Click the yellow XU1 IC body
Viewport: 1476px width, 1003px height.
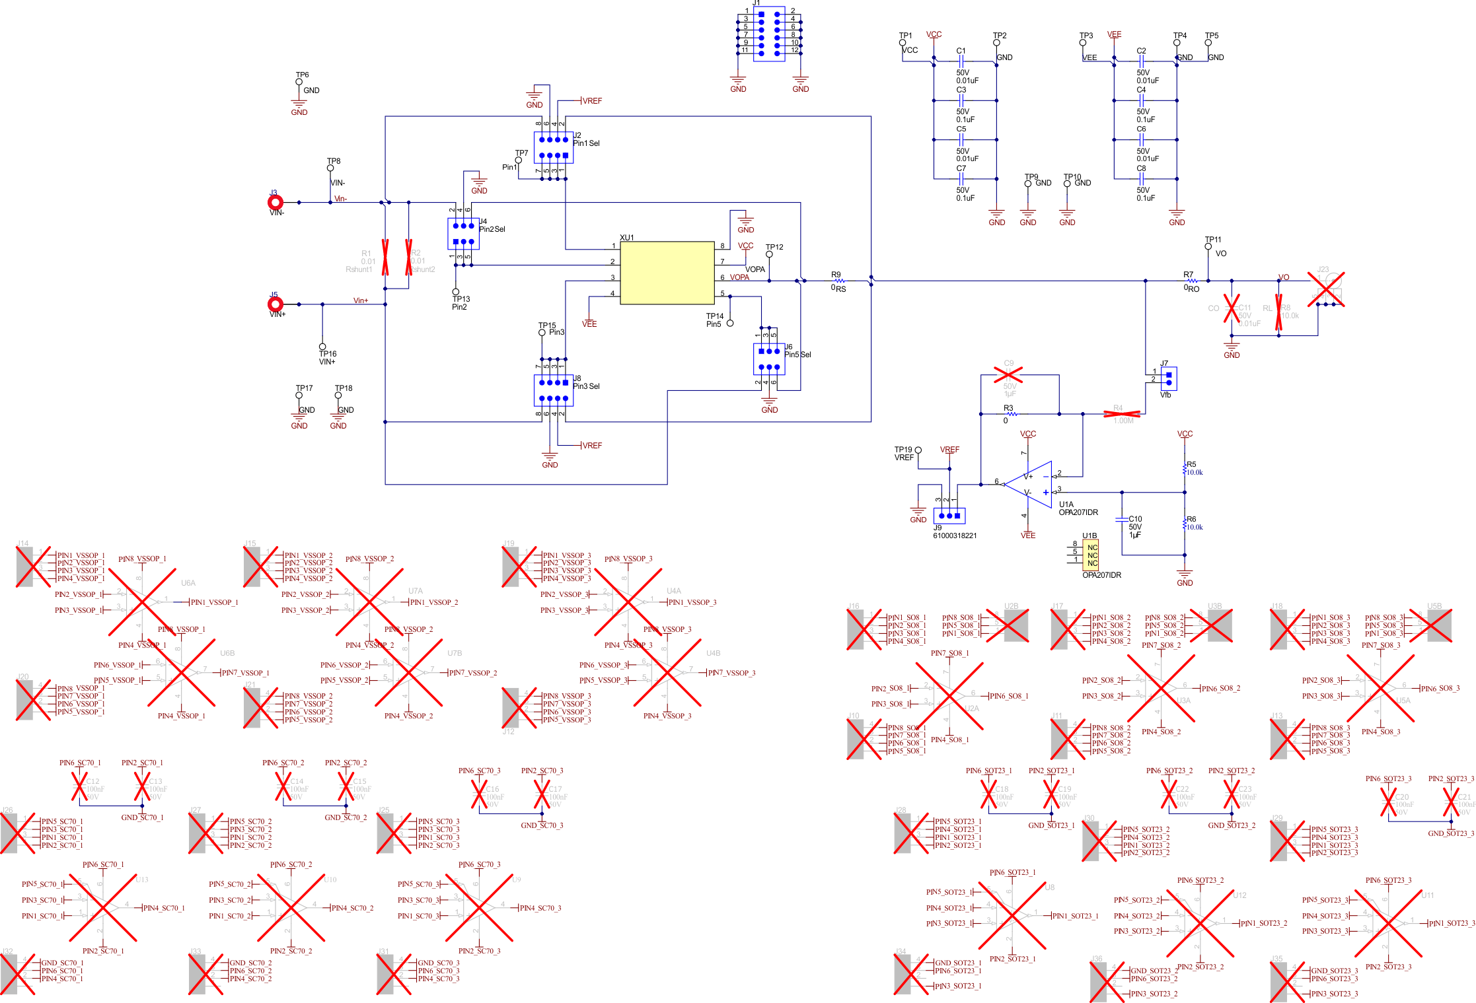pyautogui.click(x=667, y=273)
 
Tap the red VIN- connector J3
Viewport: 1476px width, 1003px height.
pyautogui.click(x=276, y=202)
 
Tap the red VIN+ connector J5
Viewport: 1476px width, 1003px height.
pyautogui.click(x=276, y=304)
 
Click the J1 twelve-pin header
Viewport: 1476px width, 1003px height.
pyautogui.click(x=769, y=33)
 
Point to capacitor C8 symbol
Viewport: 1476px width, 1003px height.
pyautogui.click(x=1141, y=179)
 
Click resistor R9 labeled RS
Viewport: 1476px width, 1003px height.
pyautogui.click(x=839, y=281)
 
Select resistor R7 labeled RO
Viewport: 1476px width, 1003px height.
pyautogui.click(x=1191, y=281)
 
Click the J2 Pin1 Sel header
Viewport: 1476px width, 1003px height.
pyautogui.click(x=552, y=147)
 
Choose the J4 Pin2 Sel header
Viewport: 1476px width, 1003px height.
pyautogui.click(x=462, y=234)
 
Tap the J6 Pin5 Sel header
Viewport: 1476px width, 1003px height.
pyautogui.click(x=768, y=359)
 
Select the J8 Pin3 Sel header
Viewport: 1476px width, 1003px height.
pyautogui.click(x=552, y=390)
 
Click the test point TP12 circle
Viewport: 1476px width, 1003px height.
pyautogui.click(x=769, y=254)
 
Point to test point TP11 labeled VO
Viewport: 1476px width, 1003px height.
pyautogui.click(x=1208, y=246)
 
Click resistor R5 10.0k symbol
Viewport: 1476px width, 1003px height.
pyautogui.click(x=1185, y=469)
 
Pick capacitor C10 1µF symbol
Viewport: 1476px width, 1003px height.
pyautogui.click(x=1121, y=520)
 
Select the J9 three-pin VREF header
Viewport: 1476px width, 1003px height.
pyautogui.click(x=949, y=515)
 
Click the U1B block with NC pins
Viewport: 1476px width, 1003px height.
pyautogui.click(x=1090, y=555)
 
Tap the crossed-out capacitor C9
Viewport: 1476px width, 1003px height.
pyautogui.click(x=1009, y=374)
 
